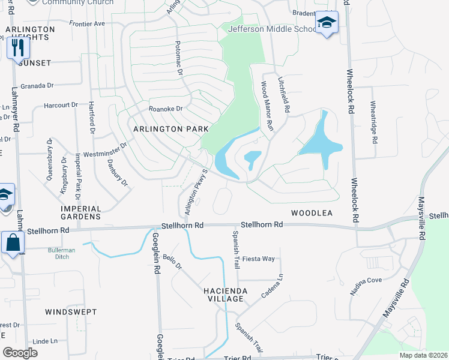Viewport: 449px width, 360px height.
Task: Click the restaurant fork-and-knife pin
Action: click(17, 47)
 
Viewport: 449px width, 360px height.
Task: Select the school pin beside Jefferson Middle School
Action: click(327, 23)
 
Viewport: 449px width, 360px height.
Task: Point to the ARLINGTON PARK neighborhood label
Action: click(170, 129)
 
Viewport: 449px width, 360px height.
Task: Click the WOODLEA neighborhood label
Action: click(312, 213)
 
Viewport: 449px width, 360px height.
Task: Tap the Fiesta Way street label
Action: click(259, 259)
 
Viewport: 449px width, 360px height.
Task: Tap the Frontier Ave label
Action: click(87, 23)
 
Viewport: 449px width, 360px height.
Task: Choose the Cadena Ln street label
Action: click(272, 287)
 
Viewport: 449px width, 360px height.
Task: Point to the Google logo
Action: click(20, 353)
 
